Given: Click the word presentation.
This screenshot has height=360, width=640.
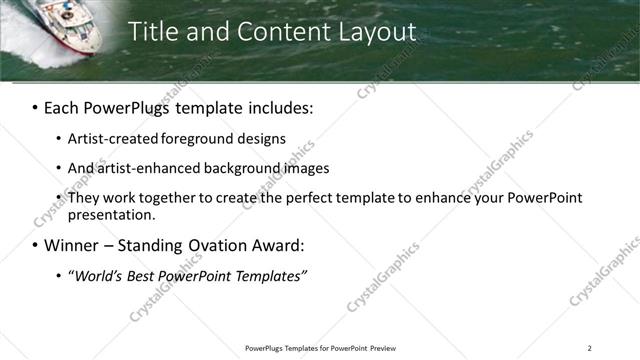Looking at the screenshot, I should pyautogui.click(x=112, y=214).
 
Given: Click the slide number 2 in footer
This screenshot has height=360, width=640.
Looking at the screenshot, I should pyautogui.click(x=589, y=348).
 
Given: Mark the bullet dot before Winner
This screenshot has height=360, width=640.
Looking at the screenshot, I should pyautogui.click(x=35, y=246).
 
